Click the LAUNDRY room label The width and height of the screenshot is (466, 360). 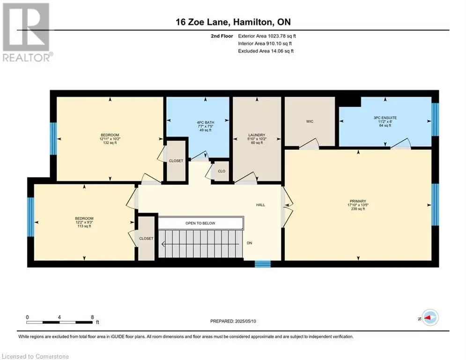point(257,135)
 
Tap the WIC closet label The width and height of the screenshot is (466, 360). point(310,121)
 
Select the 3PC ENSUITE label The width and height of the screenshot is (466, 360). point(385,118)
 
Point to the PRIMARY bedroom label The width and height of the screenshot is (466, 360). point(358,201)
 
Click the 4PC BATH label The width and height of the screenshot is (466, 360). point(205,122)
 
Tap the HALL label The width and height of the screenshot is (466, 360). point(261,205)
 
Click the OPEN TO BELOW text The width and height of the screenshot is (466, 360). point(200,223)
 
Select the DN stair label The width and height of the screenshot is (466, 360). point(249,243)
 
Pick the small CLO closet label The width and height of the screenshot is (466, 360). point(222,171)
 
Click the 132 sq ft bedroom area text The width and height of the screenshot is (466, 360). point(110,143)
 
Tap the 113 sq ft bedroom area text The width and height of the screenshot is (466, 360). point(84,226)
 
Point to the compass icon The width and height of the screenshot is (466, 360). point(430,318)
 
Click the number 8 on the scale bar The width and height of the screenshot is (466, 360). point(92,317)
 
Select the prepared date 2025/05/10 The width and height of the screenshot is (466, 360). point(245,321)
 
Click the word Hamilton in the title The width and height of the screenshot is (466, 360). point(252,22)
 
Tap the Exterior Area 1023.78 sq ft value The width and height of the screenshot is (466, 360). point(267,36)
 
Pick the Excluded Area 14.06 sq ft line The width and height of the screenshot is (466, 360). point(266,51)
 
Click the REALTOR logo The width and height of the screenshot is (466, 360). point(27,32)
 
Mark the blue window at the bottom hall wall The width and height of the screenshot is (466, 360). point(263,264)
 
